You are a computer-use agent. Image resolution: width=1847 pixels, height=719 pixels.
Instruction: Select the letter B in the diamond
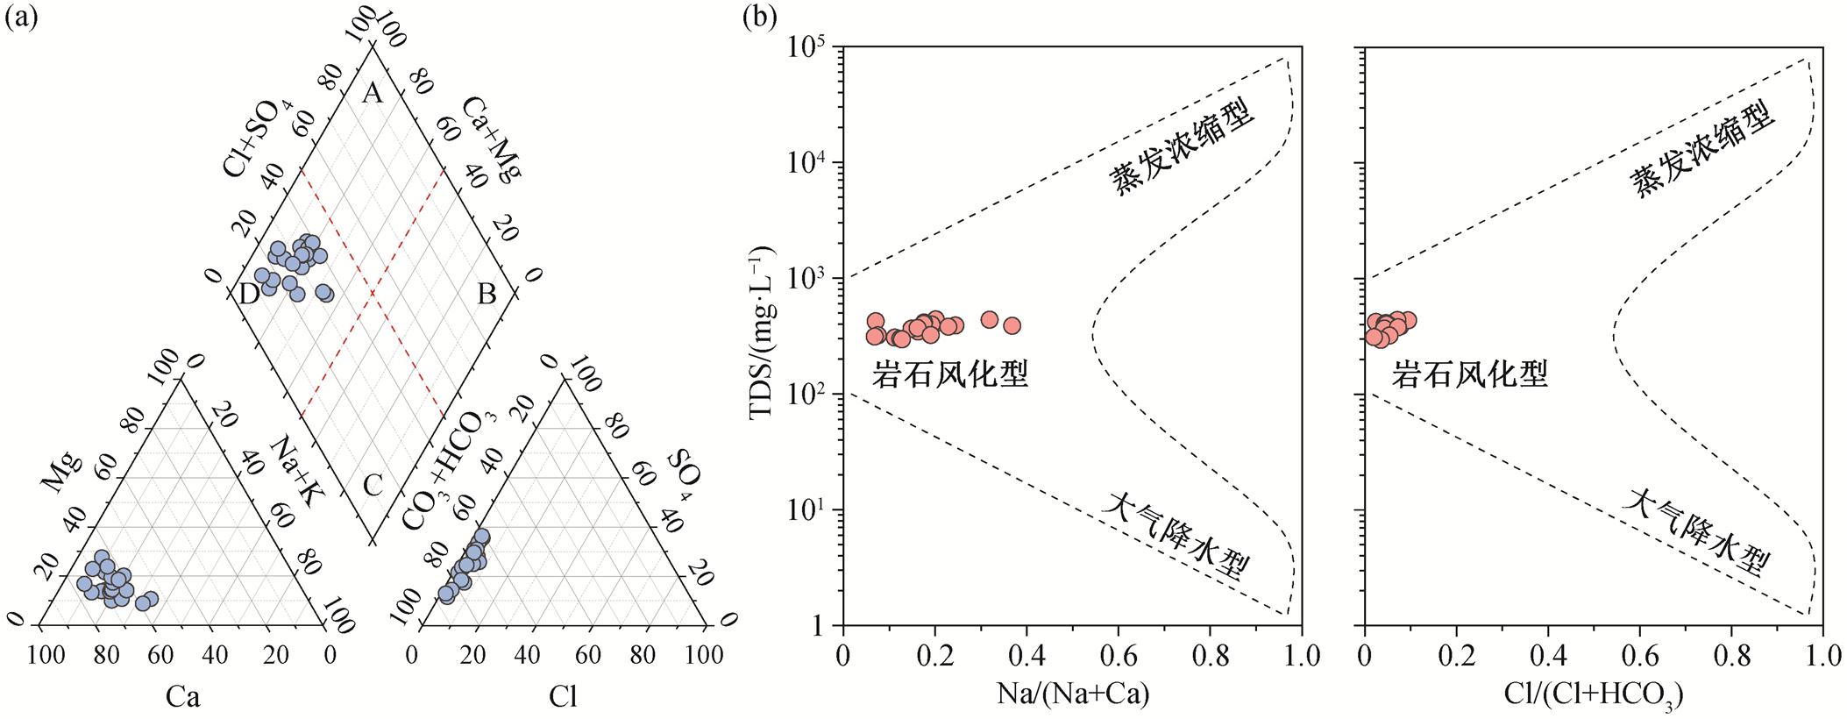[x=487, y=295]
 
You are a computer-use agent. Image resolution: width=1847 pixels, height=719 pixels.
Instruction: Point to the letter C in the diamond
[x=373, y=484]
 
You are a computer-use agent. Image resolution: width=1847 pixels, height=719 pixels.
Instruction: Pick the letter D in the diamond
[x=249, y=295]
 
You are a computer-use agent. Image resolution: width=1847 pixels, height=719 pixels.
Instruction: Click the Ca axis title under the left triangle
[x=183, y=697]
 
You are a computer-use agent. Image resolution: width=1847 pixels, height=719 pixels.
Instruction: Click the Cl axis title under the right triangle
[x=564, y=697]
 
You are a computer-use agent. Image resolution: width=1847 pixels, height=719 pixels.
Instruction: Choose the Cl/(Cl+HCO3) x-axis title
[x=1594, y=695]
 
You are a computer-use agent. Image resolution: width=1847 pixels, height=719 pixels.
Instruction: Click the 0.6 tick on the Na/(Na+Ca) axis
[x=1119, y=654]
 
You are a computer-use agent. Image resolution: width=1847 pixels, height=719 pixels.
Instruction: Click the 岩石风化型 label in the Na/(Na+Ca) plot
[x=949, y=375]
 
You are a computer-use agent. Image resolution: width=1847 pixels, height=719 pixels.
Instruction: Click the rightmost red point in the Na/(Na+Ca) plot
[x=1012, y=326]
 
